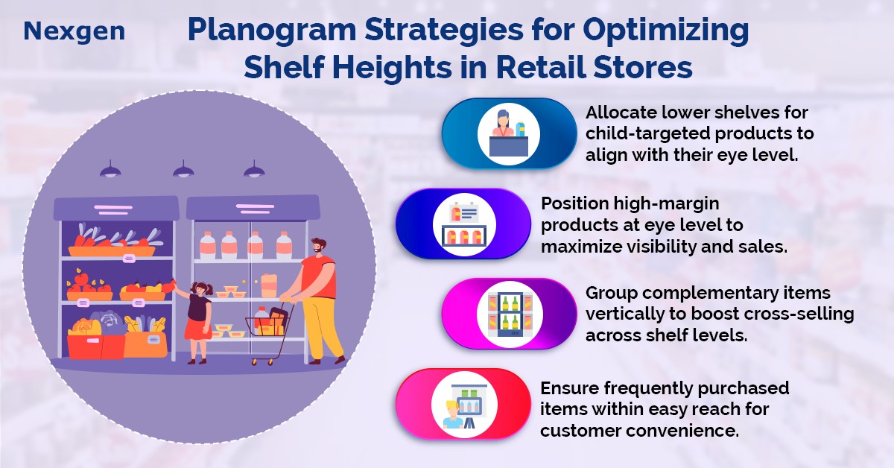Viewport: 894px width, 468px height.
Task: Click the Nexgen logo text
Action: click(74, 31)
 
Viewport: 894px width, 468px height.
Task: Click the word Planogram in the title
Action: click(272, 31)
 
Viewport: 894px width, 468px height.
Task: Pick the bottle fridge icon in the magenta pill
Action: click(510, 314)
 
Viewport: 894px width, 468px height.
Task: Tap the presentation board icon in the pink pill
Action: click(466, 405)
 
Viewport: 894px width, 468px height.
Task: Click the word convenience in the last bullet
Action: click(682, 431)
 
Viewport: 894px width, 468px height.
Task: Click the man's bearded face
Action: click(317, 247)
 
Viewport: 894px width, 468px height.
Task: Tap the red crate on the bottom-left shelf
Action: click(96, 346)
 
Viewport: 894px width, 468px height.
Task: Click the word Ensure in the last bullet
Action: click(569, 388)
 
